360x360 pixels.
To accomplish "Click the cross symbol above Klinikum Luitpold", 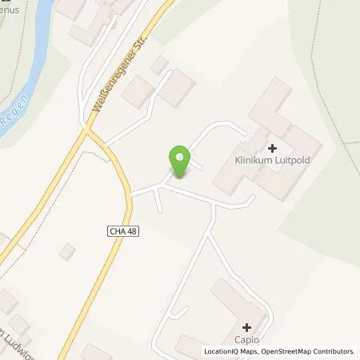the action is pos(272,148).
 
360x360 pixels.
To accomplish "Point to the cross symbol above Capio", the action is pos(246,327).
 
